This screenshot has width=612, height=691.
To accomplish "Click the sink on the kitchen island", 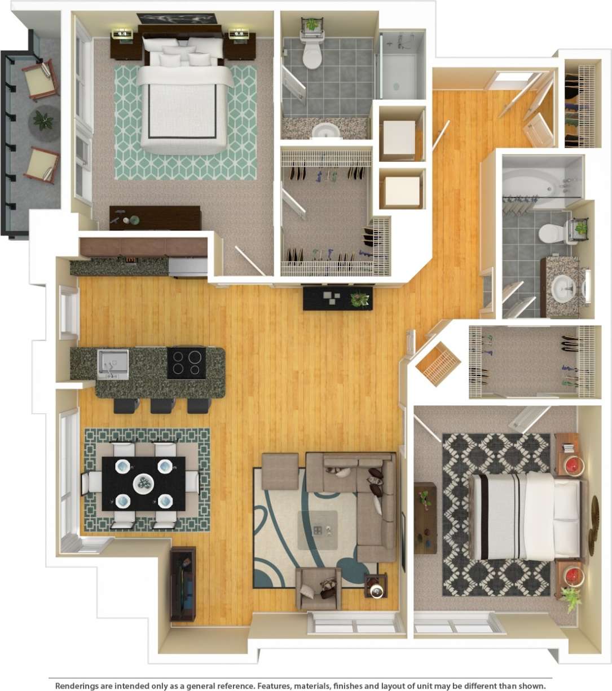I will [x=113, y=363].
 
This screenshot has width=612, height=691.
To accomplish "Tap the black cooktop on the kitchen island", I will [x=187, y=362].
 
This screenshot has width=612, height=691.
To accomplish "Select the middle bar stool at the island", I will [x=162, y=405].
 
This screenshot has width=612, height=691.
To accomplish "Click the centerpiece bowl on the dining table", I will [x=144, y=483].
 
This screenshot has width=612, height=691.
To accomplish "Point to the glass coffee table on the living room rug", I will [x=318, y=530].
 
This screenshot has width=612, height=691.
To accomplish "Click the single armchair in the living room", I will [x=319, y=589].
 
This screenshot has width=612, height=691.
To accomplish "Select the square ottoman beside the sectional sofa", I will [x=280, y=471].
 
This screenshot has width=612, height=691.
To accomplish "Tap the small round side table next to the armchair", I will [x=376, y=586].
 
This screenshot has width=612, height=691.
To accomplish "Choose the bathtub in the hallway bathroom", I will [x=533, y=183].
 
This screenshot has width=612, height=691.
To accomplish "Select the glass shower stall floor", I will [x=400, y=73].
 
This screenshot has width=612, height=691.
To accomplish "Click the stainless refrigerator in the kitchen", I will [x=188, y=267].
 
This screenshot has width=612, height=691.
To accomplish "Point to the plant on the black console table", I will [x=359, y=299].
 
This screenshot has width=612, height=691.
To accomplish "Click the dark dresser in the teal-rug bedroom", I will [x=155, y=218].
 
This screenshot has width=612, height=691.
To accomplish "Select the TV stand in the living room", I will [x=183, y=583].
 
